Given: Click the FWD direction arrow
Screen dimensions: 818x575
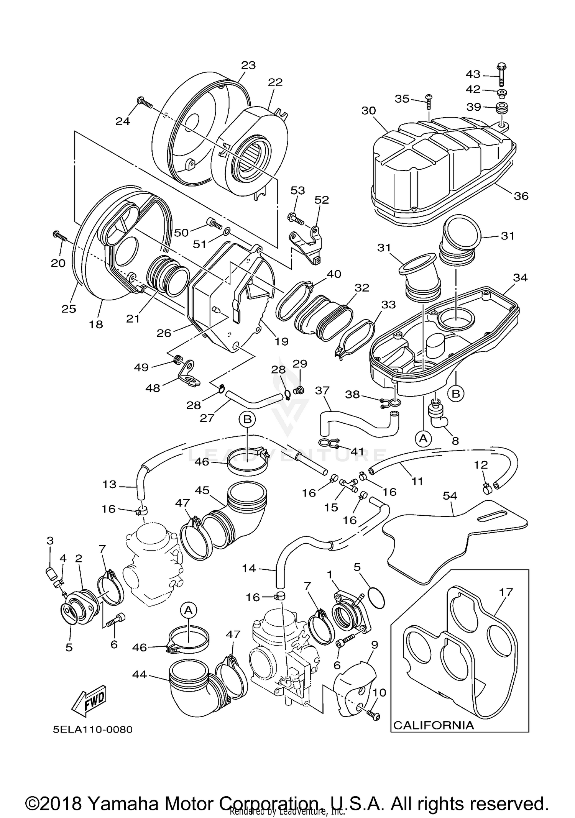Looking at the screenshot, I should [89, 701].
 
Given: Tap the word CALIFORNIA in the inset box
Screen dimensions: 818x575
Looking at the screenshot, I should [434, 725].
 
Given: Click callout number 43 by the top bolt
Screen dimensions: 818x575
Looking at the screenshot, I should [473, 74].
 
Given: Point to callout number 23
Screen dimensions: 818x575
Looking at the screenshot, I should [248, 65].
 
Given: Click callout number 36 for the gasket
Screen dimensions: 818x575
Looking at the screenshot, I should [521, 196].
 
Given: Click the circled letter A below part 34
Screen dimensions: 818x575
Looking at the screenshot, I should [423, 438].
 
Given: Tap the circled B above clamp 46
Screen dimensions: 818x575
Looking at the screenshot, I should [247, 419].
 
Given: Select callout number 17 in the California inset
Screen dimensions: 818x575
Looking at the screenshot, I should [506, 592].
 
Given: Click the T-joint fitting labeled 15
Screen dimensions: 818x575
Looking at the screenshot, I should [347, 486].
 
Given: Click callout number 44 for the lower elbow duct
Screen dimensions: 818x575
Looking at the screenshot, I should [139, 674].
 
